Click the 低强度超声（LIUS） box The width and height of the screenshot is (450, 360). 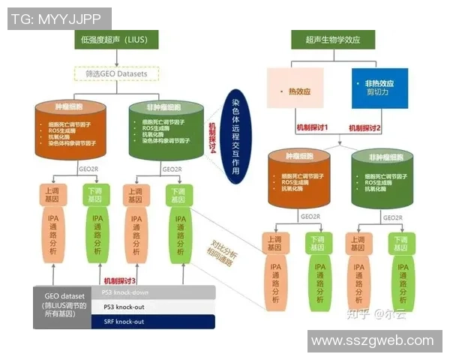coord(116,39)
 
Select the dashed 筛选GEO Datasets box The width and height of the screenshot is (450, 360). coord(116,73)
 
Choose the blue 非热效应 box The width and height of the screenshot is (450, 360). coord(379,88)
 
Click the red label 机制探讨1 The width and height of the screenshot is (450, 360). coord(313,128)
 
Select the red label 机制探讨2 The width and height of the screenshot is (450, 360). coord(365,128)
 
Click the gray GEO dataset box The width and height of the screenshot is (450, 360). coord(61,307)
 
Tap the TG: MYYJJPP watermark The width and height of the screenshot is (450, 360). coord(59,19)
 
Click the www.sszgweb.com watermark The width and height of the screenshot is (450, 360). coord(373,340)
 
